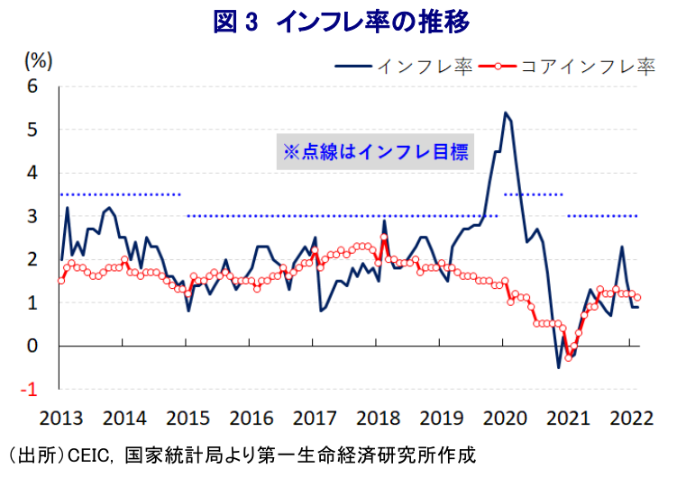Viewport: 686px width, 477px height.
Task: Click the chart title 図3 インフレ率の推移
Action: (x=342, y=22)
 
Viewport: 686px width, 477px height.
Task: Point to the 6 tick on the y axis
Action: (x=35, y=86)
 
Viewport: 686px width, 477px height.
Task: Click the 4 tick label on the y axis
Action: (x=35, y=173)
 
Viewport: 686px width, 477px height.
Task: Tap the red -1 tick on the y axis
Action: (x=32, y=389)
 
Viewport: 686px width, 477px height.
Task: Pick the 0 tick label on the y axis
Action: (x=35, y=346)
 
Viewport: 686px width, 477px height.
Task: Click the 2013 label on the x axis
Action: (x=61, y=419)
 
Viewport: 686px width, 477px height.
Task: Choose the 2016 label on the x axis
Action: (x=252, y=419)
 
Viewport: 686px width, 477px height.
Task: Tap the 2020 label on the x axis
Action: (x=505, y=419)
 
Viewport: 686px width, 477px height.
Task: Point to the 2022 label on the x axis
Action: (x=631, y=419)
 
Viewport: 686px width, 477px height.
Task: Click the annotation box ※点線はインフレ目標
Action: (x=375, y=151)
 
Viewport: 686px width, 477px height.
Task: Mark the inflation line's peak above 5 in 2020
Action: (x=505, y=113)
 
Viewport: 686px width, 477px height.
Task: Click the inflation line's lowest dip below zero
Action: (x=559, y=367)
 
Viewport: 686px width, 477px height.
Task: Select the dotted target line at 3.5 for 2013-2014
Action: (x=120, y=194)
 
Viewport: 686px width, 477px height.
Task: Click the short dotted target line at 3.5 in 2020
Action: (x=533, y=194)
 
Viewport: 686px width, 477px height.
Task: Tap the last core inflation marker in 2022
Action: (x=638, y=297)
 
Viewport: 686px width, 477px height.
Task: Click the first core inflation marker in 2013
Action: (x=60, y=281)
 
